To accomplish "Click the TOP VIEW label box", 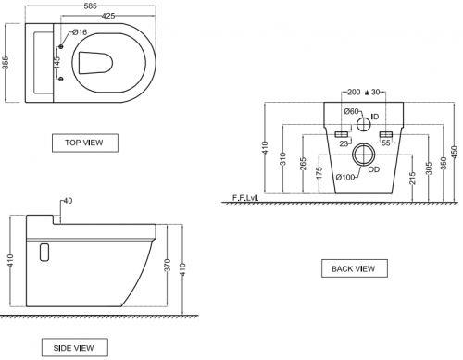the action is click(x=85, y=143).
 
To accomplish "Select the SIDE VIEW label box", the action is click(x=75, y=348).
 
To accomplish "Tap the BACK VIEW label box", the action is click(x=355, y=268).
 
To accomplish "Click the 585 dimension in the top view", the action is click(x=90, y=6).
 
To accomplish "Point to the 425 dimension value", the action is click(x=108, y=16).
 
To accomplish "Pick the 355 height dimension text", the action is click(x=6, y=63).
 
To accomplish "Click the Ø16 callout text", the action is click(x=80, y=32).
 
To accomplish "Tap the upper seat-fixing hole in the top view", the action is click(x=61, y=46).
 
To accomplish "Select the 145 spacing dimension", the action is click(x=57, y=63).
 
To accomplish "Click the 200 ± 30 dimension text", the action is click(x=364, y=92).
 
